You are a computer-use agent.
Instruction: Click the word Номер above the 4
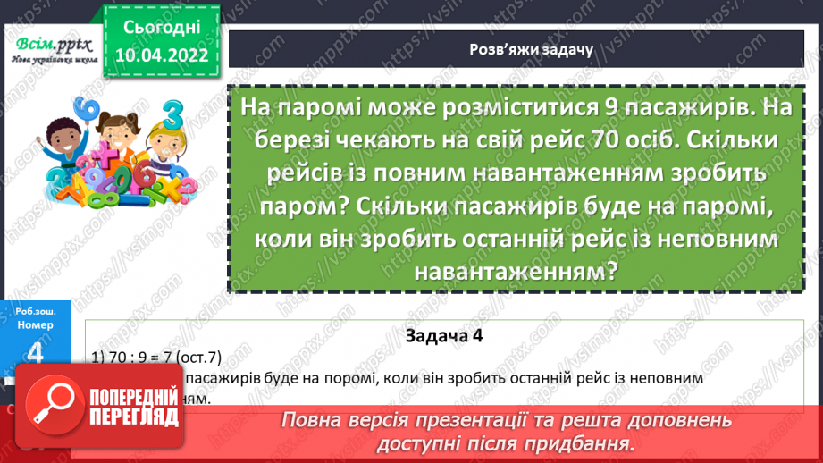(x=35, y=325)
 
